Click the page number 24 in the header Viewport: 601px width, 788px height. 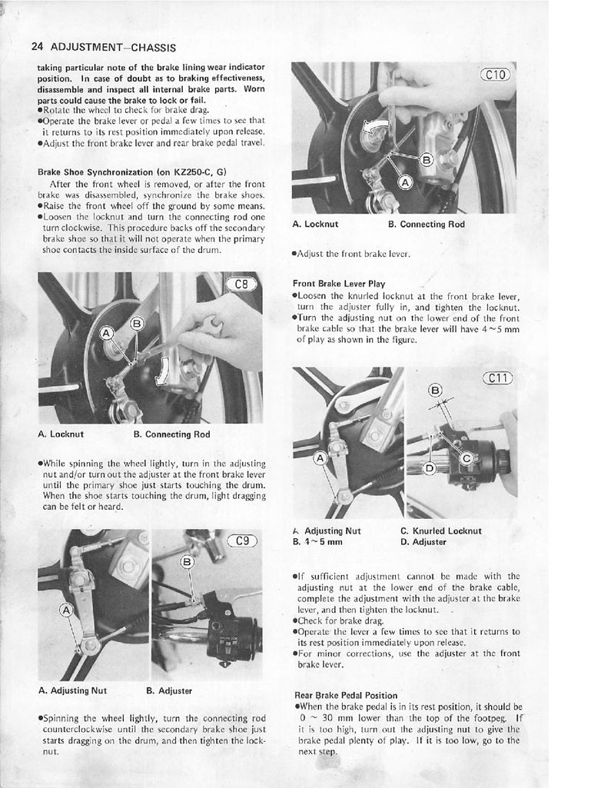click(x=38, y=47)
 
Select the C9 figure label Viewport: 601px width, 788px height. click(x=244, y=540)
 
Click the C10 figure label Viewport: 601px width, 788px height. click(x=496, y=75)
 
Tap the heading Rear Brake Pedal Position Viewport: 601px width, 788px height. click(x=346, y=694)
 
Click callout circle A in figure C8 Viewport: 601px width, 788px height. click(x=108, y=332)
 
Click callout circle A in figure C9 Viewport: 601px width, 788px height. click(x=66, y=611)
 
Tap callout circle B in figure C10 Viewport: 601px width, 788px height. click(x=427, y=160)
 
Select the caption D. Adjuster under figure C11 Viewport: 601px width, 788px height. click(x=423, y=541)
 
